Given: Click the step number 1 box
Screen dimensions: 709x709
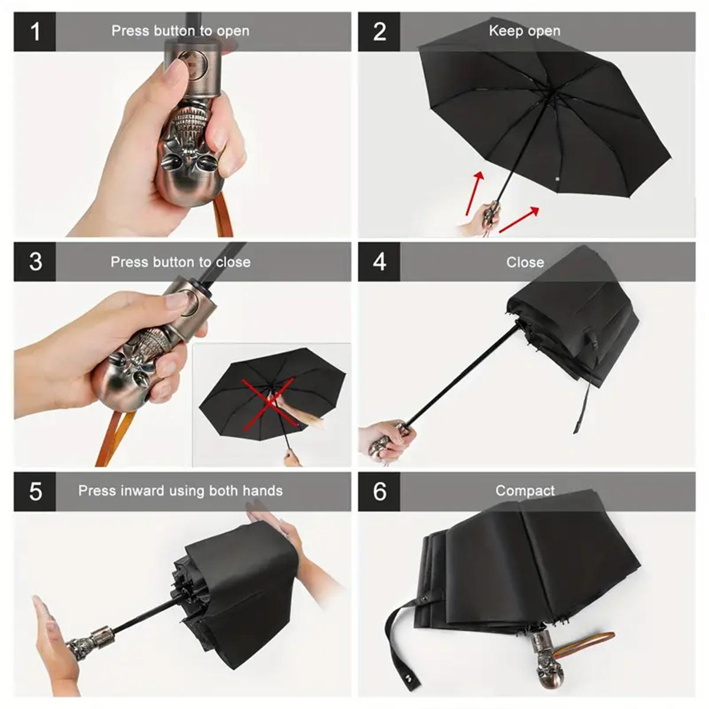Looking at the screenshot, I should click(35, 31).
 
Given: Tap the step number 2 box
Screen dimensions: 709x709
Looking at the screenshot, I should click(379, 31).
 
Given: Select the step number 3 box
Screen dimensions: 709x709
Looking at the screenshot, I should click(35, 261).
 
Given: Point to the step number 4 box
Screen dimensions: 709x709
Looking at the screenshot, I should click(379, 261).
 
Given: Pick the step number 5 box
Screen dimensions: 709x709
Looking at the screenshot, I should click(35, 491).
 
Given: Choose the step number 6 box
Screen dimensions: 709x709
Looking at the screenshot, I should click(379, 491).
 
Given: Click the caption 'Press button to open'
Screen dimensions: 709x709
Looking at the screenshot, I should click(180, 31).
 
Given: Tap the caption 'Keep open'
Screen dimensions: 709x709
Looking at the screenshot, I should click(525, 31).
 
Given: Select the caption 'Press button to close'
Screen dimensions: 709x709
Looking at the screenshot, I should click(180, 262).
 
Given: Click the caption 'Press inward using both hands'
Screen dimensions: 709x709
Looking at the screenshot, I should click(180, 490).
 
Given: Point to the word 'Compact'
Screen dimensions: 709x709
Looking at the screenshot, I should click(525, 490).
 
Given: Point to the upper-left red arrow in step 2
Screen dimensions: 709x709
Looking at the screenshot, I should click(474, 192).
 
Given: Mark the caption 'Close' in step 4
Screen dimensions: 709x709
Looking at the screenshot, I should click(525, 262).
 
